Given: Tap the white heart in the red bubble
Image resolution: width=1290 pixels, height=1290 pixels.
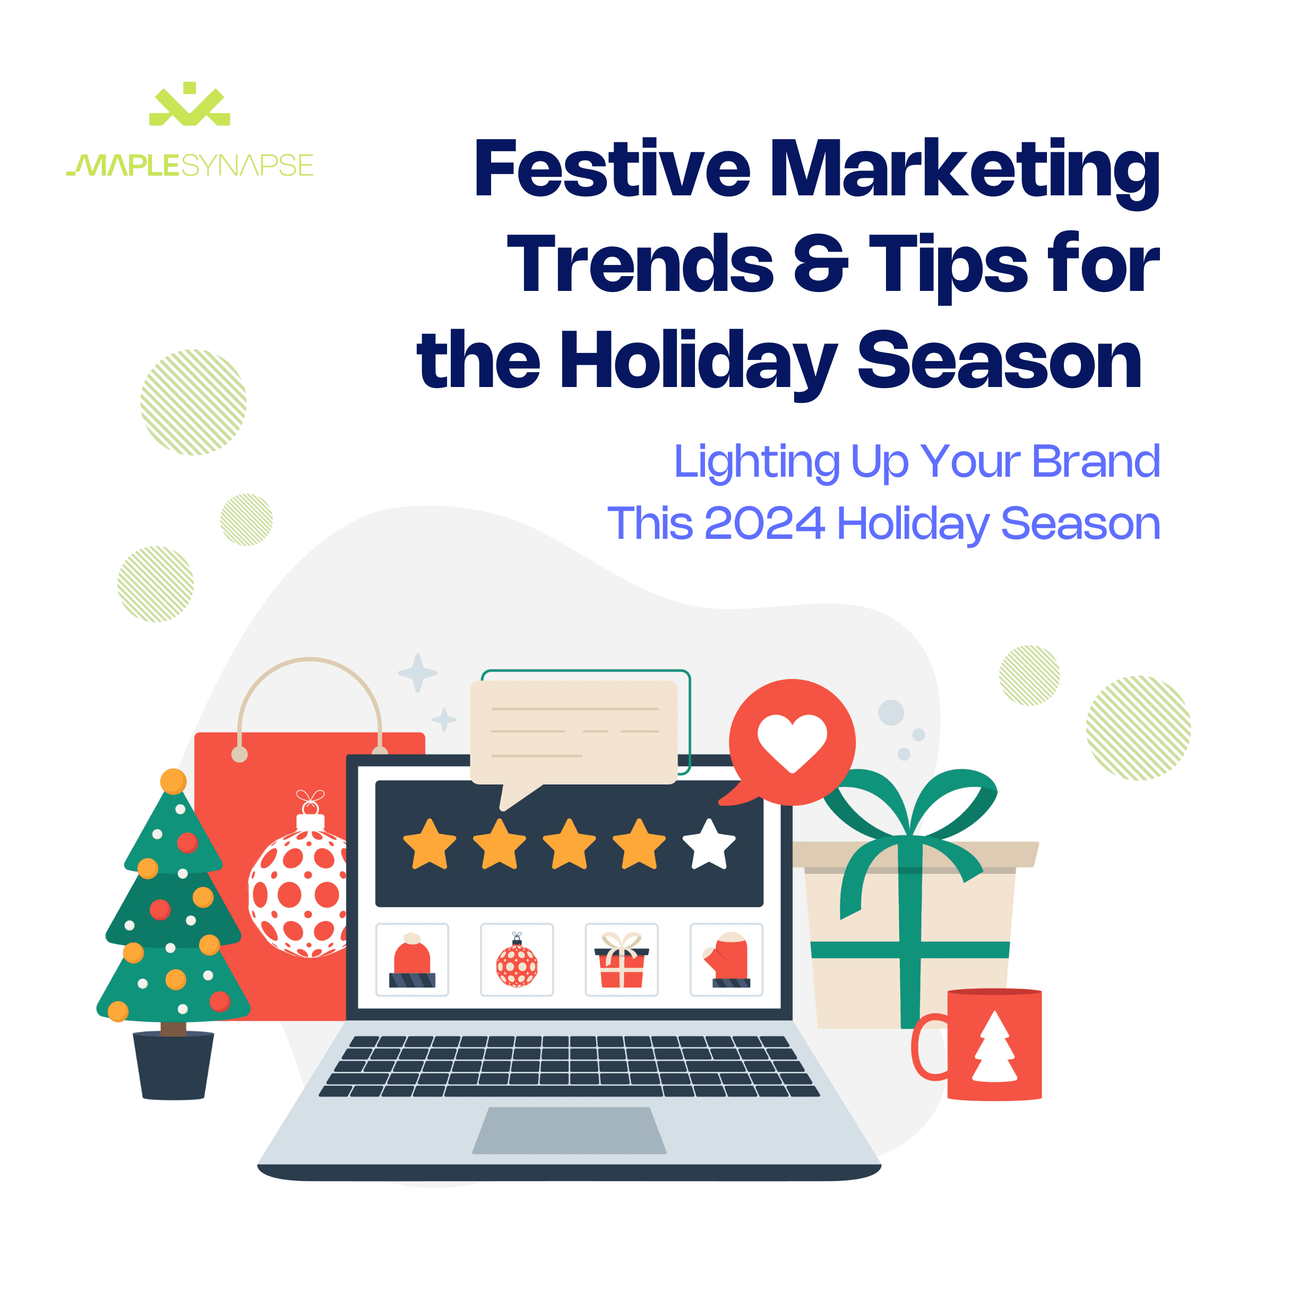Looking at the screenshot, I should coord(792,741).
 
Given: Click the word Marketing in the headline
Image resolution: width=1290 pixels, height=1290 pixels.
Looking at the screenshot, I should coord(964,168).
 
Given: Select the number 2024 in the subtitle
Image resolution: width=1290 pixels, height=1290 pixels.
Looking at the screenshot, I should coord(764,523).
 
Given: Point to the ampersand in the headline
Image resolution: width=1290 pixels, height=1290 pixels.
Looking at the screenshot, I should coord(821,264).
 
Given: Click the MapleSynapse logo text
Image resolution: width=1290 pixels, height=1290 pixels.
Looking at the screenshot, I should coord(190,165).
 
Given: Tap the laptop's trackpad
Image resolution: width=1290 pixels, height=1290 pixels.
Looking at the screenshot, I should coord(569,1130).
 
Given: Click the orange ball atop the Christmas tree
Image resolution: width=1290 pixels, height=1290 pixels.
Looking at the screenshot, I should coord(173,780).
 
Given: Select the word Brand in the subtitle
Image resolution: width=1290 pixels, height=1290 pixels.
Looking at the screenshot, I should coord(1096,461).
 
